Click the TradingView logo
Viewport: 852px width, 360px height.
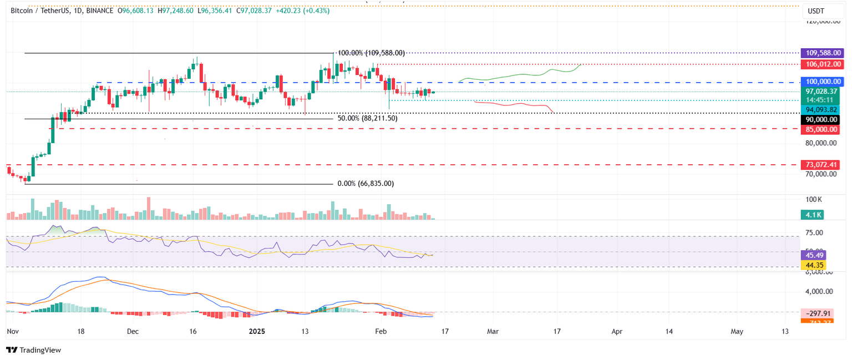[x=33, y=350]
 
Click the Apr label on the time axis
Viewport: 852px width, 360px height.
[x=617, y=331]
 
